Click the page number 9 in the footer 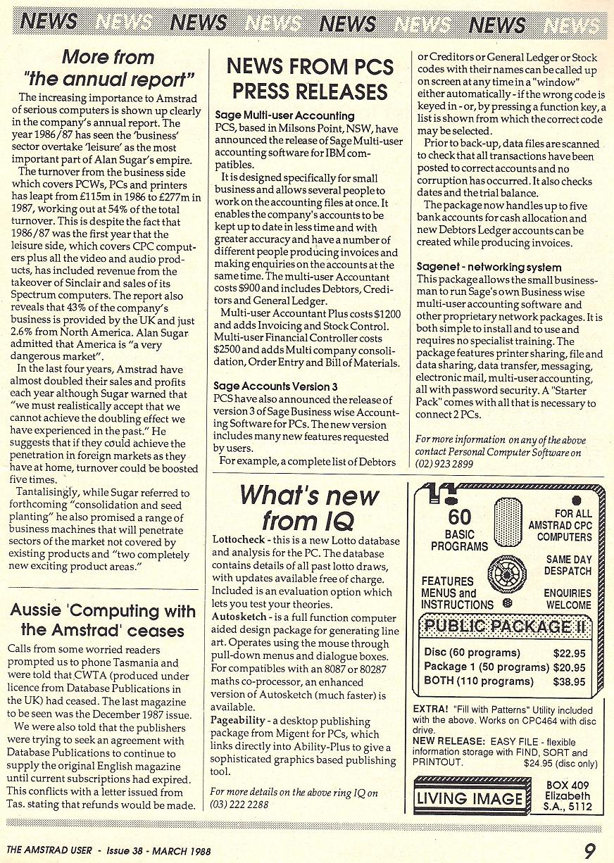click(590, 850)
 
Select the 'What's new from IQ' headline click(309, 508)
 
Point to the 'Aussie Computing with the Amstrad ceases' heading click(103, 619)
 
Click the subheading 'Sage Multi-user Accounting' click(284, 115)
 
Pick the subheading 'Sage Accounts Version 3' click(275, 386)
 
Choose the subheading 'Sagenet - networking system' click(489, 267)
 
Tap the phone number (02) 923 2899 click(444, 465)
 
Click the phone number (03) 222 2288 click(240, 805)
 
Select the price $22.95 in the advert click(570, 653)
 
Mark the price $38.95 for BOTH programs click(570, 681)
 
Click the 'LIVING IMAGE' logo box click(470, 798)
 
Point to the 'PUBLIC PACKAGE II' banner click(505, 626)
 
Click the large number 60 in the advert click(459, 517)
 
